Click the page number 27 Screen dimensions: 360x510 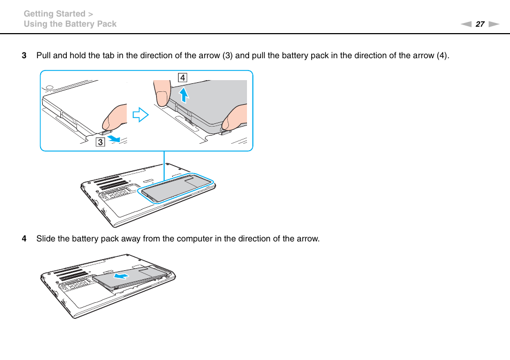[x=480, y=24]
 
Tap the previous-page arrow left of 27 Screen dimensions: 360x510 [x=466, y=24]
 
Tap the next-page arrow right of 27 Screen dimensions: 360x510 [x=493, y=24]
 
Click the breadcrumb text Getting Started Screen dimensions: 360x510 [x=55, y=14]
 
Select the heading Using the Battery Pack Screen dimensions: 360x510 [x=70, y=24]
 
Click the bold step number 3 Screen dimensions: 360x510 [x=24, y=56]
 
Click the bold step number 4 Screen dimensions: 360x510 [x=24, y=239]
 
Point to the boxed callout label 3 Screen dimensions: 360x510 [x=100, y=142]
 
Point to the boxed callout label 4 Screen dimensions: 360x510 [x=183, y=77]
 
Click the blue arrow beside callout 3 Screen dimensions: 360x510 [x=113, y=138]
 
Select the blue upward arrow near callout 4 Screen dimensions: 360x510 [x=183, y=95]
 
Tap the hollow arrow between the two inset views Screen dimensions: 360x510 [x=140, y=114]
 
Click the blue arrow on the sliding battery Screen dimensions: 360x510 [x=122, y=276]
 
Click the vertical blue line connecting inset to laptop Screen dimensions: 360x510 [x=164, y=166]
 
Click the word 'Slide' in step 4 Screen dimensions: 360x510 [x=45, y=239]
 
